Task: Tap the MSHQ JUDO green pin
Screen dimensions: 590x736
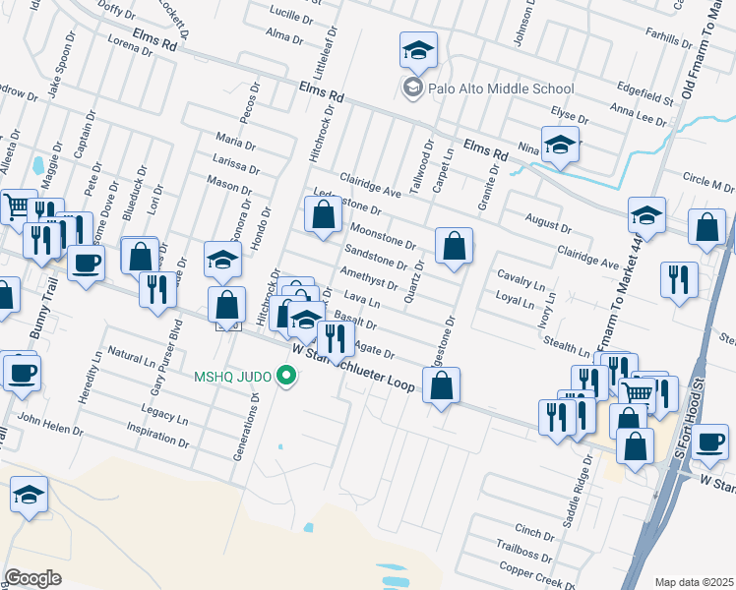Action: [287, 375]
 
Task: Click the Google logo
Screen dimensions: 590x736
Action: [32, 578]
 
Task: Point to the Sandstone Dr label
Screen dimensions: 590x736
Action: [375, 258]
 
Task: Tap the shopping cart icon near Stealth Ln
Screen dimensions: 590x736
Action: [638, 393]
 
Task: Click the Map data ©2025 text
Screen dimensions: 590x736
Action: [694, 581]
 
